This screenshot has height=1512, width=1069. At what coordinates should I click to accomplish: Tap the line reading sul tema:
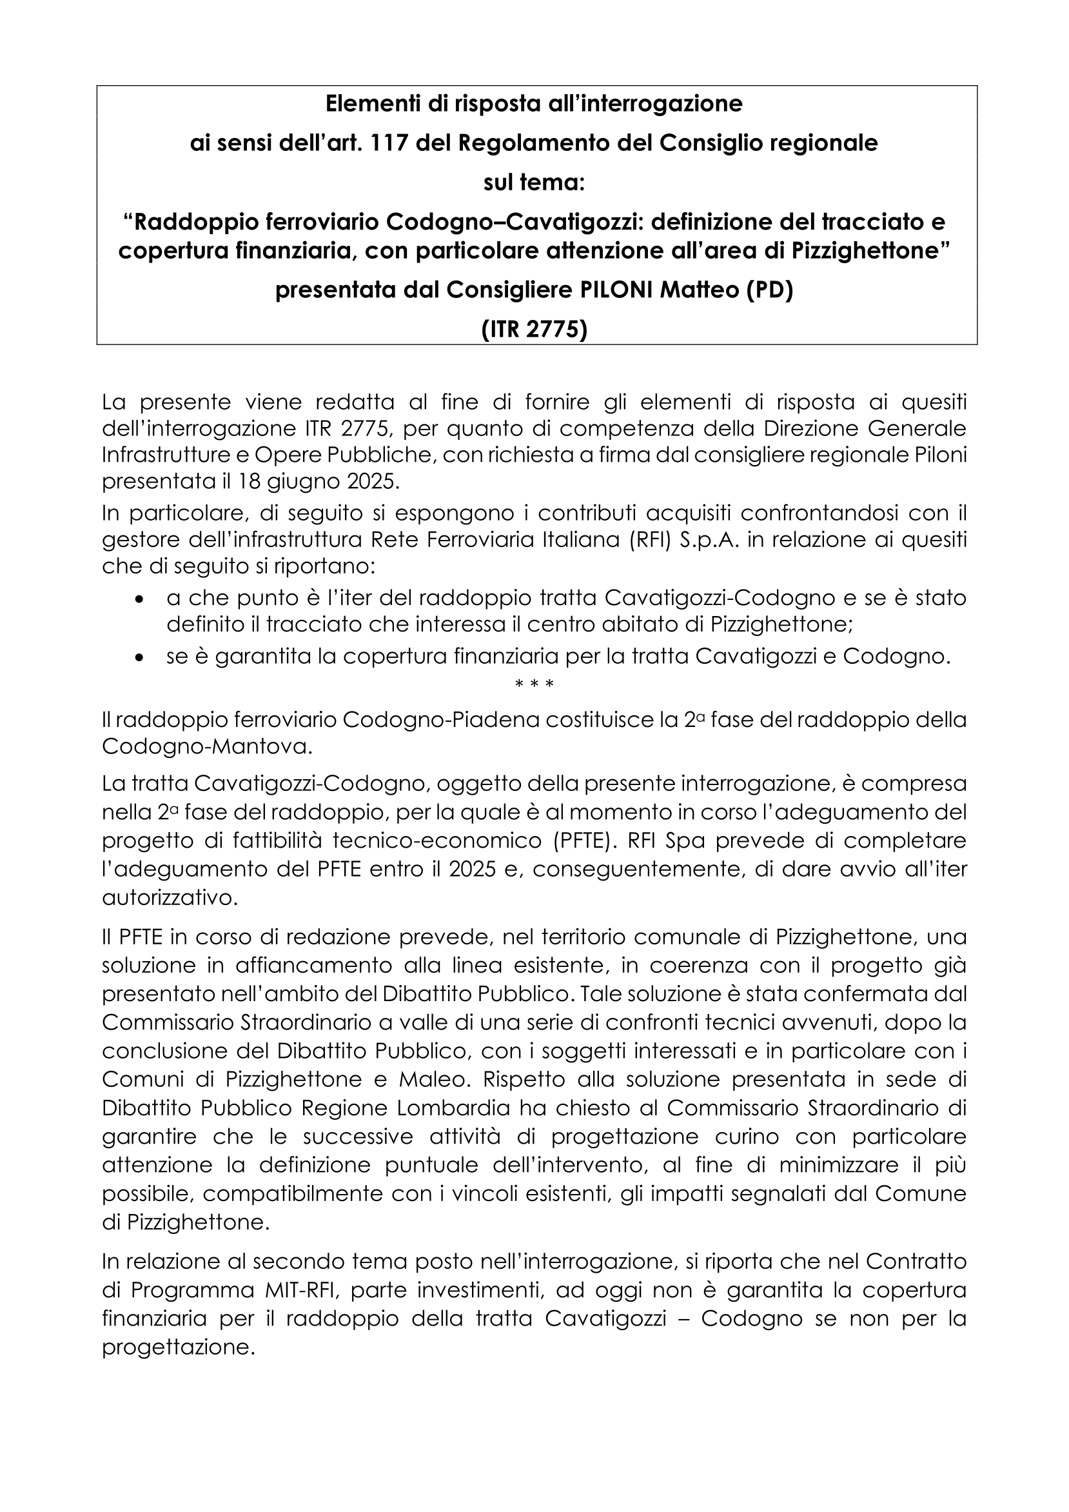534,183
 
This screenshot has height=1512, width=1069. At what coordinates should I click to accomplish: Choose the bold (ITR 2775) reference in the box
534,329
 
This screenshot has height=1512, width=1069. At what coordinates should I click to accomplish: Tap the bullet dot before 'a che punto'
138,599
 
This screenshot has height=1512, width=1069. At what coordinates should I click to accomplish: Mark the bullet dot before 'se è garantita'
138,657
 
